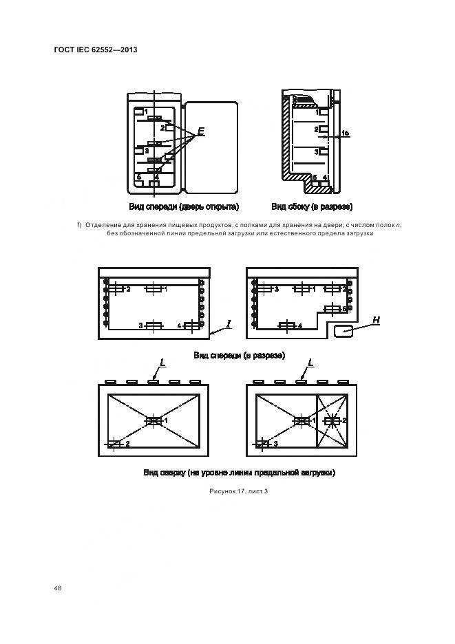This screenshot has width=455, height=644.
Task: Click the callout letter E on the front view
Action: point(201,131)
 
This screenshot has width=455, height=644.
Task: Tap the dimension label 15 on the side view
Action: point(346,133)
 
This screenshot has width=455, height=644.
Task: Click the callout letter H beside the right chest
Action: point(377,320)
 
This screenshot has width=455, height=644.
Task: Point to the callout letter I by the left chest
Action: point(229,323)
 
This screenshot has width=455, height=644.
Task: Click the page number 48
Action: point(58,588)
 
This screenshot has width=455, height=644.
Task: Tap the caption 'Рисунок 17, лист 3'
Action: point(238,491)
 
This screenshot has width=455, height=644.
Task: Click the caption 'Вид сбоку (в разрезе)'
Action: point(312,206)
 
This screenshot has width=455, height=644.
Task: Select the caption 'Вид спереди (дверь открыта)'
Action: point(183,206)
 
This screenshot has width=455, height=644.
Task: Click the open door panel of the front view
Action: point(211,147)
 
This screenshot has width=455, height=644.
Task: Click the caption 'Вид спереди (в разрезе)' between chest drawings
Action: point(239,355)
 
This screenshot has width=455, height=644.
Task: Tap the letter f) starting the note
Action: point(79,224)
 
